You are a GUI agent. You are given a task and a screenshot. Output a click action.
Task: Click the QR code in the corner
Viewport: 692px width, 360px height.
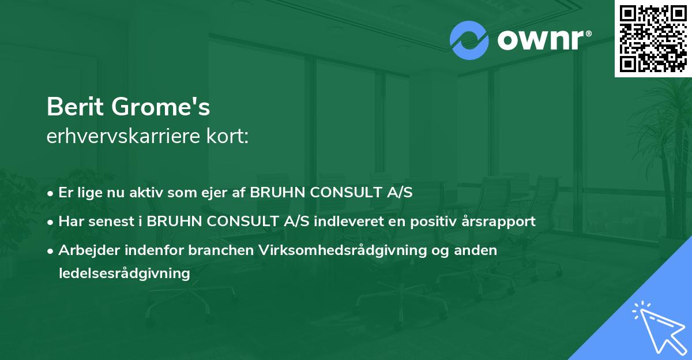[653, 39]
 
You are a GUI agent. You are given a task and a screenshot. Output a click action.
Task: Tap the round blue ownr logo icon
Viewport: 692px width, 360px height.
[469, 40]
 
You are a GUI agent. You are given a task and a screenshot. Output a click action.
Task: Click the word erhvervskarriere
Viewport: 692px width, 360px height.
[122, 137]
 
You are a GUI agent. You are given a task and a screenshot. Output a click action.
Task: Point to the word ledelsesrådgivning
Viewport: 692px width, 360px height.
[124, 273]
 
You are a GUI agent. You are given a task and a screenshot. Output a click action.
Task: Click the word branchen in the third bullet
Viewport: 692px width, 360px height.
[224, 250]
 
